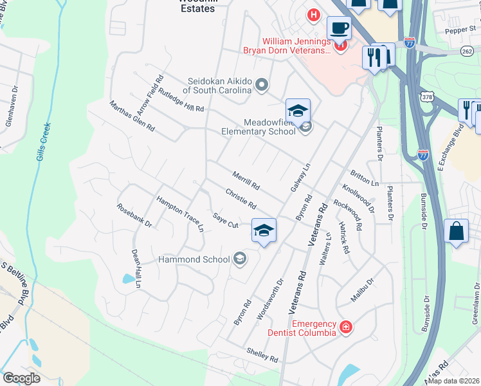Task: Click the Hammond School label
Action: [x=194, y=259]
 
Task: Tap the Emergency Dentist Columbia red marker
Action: [x=346, y=327]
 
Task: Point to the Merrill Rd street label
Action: [x=246, y=180]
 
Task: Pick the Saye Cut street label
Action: [x=226, y=221]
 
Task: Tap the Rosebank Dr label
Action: [x=134, y=216]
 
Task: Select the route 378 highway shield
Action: [x=427, y=96]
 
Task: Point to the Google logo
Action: [x=21, y=378]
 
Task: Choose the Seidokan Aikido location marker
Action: [x=261, y=84]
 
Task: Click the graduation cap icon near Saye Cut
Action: [x=264, y=230]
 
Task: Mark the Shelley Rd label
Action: [x=262, y=354]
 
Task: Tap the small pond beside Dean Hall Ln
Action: [x=129, y=279]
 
